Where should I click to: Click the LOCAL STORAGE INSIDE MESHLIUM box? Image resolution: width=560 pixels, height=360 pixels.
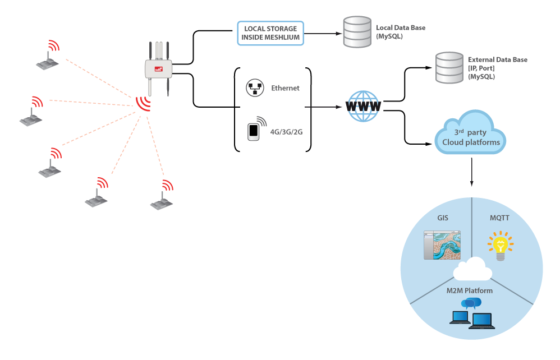click(x=270, y=33)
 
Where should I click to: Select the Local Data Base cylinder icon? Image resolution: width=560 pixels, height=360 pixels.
click(x=357, y=32)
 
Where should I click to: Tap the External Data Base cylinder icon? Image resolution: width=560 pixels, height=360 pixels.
click(x=449, y=68)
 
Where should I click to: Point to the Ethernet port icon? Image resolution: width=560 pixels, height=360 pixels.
click(x=255, y=88)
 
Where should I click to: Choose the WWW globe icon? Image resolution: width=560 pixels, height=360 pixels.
click(x=363, y=107)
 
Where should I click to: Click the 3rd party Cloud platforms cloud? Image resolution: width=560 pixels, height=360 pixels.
click(x=470, y=133)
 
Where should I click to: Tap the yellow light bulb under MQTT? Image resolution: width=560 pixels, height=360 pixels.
click(x=501, y=246)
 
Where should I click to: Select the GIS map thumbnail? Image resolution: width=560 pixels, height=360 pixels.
click(x=442, y=245)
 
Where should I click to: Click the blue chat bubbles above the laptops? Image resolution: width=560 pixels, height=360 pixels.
click(x=471, y=303)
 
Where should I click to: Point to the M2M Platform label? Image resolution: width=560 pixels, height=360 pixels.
click(x=469, y=291)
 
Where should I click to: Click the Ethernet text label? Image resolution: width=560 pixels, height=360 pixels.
click(x=285, y=88)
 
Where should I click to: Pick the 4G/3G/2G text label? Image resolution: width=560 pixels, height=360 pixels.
click(x=286, y=132)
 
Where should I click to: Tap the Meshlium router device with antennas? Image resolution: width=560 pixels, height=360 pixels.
click(x=159, y=68)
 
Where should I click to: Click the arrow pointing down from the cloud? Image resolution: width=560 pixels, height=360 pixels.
click(x=472, y=172)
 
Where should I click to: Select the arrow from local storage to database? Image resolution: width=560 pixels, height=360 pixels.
click(x=323, y=34)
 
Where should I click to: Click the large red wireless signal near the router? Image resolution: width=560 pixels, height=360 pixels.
click(x=143, y=104)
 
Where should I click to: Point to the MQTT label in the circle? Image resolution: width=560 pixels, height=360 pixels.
click(x=499, y=218)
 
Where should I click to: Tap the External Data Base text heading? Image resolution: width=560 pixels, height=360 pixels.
click(x=498, y=59)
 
